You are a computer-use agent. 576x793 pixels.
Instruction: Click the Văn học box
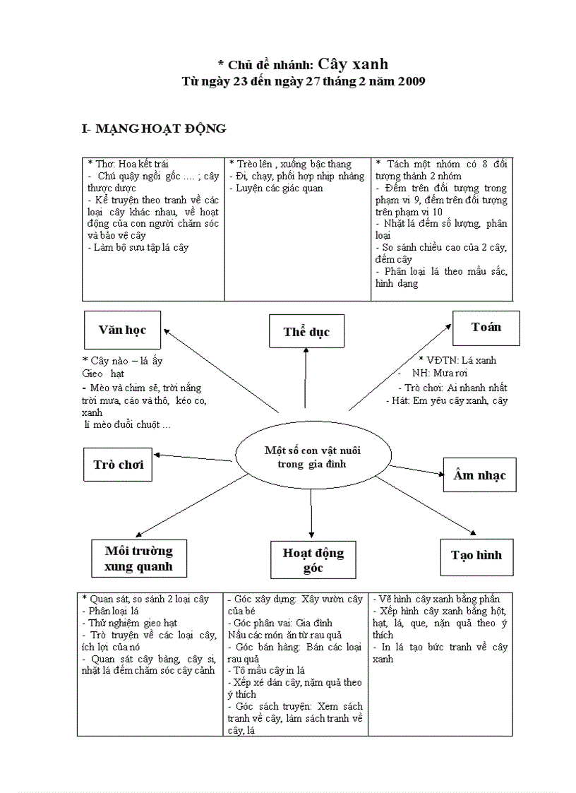click(x=124, y=330)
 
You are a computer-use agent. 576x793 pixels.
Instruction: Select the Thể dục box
click(x=306, y=332)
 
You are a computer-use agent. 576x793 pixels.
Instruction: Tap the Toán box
click(x=486, y=327)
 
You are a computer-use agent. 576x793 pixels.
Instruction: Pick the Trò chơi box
click(x=118, y=464)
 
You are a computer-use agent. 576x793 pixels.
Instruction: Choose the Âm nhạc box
click(x=479, y=475)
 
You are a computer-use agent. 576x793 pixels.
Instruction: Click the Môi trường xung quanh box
click(x=138, y=559)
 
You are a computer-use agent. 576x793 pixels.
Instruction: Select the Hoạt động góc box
click(x=313, y=559)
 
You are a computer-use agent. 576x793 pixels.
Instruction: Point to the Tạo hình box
click(x=476, y=555)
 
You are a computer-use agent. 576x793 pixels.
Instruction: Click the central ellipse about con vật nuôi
click(x=311, y=457)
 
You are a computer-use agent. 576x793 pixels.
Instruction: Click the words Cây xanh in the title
click(x=353, y=64)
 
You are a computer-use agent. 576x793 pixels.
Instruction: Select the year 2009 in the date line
click(x=411, y=82)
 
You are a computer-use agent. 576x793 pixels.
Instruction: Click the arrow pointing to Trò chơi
click(x=194, y=458)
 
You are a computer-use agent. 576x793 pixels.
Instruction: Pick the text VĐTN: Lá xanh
click(x=458, y=360)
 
